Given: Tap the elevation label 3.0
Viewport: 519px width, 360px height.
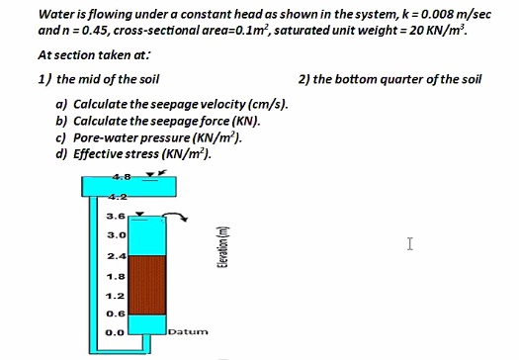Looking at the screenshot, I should pos(116,235).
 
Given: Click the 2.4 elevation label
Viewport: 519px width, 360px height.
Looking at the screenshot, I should pos(116,255).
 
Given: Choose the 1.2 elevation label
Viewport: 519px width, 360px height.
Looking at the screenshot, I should pos(116,295).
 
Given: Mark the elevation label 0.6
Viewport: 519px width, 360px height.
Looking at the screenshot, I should pos(116,314).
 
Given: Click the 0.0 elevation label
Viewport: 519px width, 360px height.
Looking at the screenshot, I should pos(116,332).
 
